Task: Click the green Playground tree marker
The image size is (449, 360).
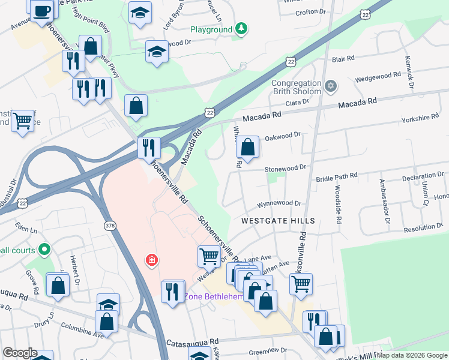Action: pyautogui.click(x=241, y=29)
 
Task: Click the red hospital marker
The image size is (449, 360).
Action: pyautogui.click(x=152, y=260)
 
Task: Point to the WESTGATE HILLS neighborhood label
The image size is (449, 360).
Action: pyautogui.click(x=278, y=221)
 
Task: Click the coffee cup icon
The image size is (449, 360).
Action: pyautogui.click(x=42, y=11)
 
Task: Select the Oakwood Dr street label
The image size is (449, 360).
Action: pyautogui.click(x=282, y=136)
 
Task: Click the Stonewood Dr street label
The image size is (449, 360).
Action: pyautogui.click(x=286, y=169)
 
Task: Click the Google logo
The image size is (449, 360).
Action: pyautogui.click(x=19, y=353)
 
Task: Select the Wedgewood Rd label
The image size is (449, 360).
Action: pyautogui.click(x=378, y=76)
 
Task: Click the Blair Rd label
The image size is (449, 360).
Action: pyautogui.click(x=342, y=59)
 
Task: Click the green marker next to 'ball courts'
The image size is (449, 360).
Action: pyautogui.click(x=43, y=248)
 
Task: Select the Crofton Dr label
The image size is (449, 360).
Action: pyautogui.click(x=310, y=11)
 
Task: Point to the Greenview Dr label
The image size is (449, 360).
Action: pyautogui.click(x=269, y=350)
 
